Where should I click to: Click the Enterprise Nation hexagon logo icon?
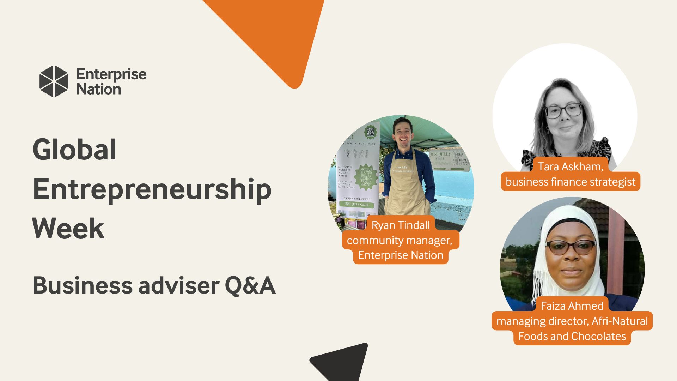point(54,81)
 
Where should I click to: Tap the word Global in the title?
point(74,150)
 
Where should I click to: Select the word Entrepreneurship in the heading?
point(152,189)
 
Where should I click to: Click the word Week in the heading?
point(68,229)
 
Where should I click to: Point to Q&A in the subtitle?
point(250,285)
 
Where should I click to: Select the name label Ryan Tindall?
point(401,225)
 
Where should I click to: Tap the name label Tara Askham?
point(570,167)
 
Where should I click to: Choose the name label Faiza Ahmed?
point(572,306)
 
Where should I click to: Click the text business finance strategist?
point(571,182)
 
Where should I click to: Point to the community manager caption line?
point(400,240)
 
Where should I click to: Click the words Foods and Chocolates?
point(572,336)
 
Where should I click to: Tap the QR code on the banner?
point(370,132)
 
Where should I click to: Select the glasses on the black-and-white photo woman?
point(564,110)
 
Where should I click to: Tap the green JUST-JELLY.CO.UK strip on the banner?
point(356,204)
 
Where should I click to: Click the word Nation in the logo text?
point(99,89)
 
